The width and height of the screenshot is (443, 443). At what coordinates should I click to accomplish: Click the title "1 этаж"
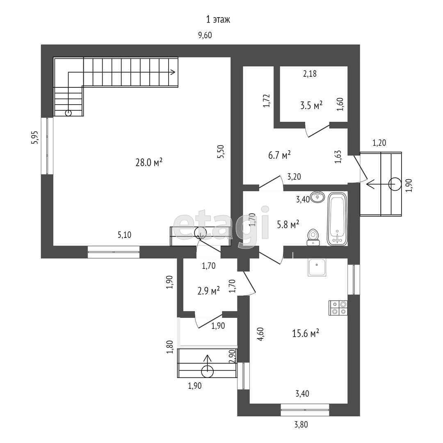(218, 20)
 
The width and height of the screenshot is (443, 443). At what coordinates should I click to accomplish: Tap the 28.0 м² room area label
(149, 162)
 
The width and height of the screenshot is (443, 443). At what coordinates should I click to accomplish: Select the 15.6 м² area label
(306, 333)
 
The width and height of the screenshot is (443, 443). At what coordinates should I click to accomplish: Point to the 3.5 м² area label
(311, 105)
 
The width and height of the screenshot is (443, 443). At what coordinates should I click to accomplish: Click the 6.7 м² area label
(279, 155)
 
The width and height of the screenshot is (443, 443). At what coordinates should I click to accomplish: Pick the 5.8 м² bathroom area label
(288, 225)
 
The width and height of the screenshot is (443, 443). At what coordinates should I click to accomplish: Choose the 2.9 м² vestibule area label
(208, 291)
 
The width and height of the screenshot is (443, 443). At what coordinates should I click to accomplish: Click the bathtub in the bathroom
(337, 219)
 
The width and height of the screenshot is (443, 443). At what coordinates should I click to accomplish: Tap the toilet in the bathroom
(313, 237)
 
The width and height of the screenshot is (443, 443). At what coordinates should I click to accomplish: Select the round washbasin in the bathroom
(317, 196)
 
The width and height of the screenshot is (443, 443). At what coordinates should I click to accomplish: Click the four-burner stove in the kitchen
(338, 308)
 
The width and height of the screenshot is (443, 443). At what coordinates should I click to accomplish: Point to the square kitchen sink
(317, 267)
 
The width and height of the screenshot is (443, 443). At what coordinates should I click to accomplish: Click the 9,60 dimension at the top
(205, 35)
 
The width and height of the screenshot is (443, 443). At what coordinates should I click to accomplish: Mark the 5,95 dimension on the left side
(34, 138)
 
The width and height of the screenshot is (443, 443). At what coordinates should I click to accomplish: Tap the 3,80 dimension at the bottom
(301, 425)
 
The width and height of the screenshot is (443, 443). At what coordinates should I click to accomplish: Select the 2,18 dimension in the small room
(310, 74)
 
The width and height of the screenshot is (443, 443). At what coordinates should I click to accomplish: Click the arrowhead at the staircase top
(174, 72)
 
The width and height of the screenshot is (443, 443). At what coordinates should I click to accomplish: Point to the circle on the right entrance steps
(395, 184)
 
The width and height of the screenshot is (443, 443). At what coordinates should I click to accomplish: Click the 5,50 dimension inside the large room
(221, 151)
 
